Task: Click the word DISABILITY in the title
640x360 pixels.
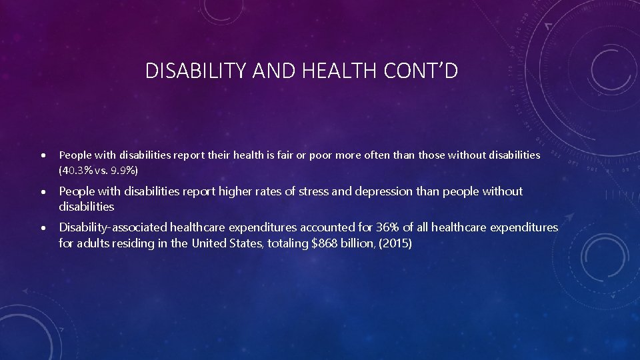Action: tap(189, 71)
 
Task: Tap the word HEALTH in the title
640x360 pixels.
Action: tap(341, 71)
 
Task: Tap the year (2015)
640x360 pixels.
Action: tap(397, 243)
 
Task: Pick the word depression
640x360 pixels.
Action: tap(383, 191)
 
